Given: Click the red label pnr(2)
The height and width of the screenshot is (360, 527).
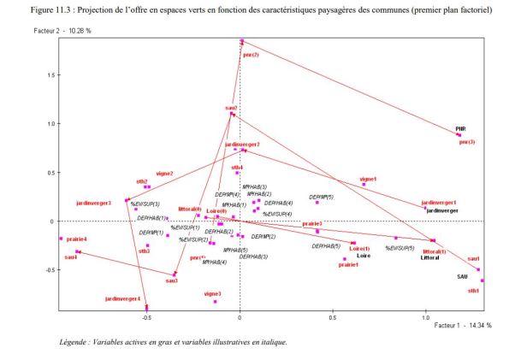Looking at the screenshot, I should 251,55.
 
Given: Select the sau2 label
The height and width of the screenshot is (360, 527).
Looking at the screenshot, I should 231,108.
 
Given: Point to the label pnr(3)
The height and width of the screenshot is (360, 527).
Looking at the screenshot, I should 467,142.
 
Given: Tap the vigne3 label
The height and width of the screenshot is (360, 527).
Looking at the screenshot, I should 213,293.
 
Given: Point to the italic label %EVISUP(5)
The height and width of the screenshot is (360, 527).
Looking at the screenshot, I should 400,248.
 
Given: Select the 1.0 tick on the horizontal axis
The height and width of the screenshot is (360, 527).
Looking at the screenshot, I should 425,316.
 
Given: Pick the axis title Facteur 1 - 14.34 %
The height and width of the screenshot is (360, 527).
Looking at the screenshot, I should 463,326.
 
